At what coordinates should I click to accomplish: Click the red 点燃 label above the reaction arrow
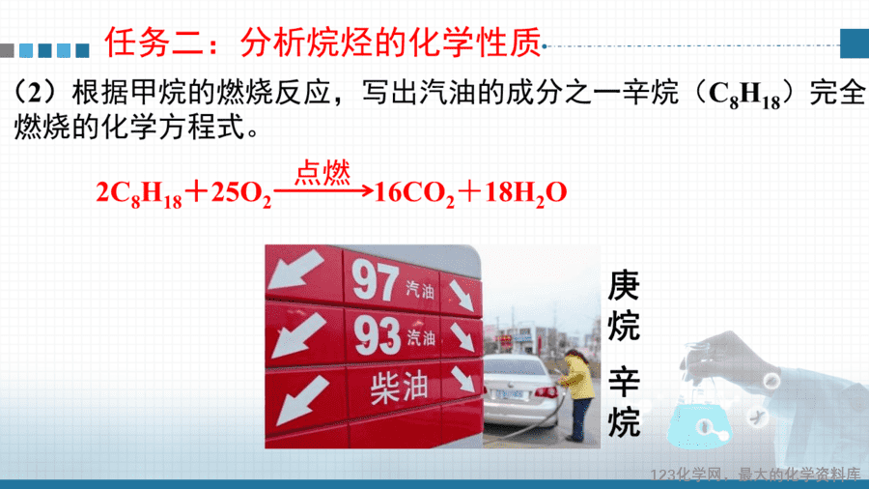322,172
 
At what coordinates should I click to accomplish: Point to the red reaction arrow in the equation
323,191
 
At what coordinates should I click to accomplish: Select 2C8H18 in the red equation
139,194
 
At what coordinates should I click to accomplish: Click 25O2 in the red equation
241,194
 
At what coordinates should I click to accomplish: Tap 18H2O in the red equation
525,194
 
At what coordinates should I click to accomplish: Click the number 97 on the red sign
376,280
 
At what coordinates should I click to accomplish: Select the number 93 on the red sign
378,335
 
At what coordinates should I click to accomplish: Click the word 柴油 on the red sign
399,387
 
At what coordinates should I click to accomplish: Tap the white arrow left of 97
295,270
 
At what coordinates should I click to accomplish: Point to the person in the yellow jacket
578,394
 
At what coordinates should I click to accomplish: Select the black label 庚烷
624,305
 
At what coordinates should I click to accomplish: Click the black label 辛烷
624,401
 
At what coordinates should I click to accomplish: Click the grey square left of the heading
7,50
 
